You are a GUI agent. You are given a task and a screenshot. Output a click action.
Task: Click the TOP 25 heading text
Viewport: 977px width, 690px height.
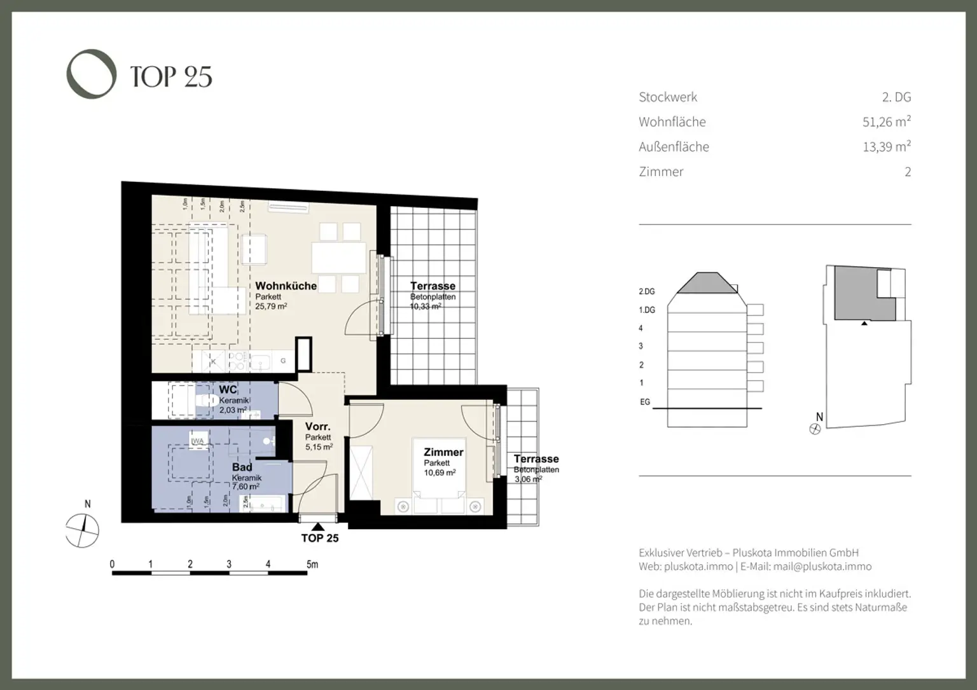click(171, 77)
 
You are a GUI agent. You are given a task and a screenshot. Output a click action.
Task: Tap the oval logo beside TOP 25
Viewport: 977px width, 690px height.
click(92, 74)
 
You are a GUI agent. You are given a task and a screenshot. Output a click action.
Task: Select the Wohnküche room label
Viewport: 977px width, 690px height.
click(286, 286)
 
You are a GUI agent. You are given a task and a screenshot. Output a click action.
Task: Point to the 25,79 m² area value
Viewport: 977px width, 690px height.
click(271, 307)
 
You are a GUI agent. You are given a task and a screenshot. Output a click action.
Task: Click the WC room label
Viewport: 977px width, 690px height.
click(228, 390)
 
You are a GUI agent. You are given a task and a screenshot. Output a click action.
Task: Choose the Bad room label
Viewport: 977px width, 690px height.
click(242, 467)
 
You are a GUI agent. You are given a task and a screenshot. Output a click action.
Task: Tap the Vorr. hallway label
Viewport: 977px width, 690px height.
click(317, 427)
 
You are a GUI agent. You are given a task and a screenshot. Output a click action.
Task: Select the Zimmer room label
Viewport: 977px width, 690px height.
click(443, 453)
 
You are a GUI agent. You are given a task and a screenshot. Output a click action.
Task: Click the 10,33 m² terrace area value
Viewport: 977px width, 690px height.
click(426, 307)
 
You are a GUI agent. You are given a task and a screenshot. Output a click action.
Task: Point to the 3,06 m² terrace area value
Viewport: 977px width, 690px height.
click(527, 480)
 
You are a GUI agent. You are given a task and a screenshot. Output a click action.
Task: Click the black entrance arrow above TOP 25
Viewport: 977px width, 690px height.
click(318, 526)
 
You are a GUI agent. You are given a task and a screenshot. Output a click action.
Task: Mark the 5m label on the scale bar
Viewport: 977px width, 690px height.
click(312, 564)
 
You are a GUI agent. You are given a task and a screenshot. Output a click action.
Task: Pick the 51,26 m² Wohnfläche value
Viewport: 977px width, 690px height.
click(886, 122)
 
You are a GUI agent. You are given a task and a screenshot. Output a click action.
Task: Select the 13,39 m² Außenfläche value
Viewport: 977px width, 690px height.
click(886, 147)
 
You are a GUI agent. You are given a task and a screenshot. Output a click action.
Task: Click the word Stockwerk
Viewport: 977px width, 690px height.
click(668, 97)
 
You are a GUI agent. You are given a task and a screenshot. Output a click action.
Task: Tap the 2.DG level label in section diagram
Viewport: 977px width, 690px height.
click(646, 292)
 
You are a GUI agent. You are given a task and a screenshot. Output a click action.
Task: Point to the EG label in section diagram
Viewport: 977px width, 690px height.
click(645, 403)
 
